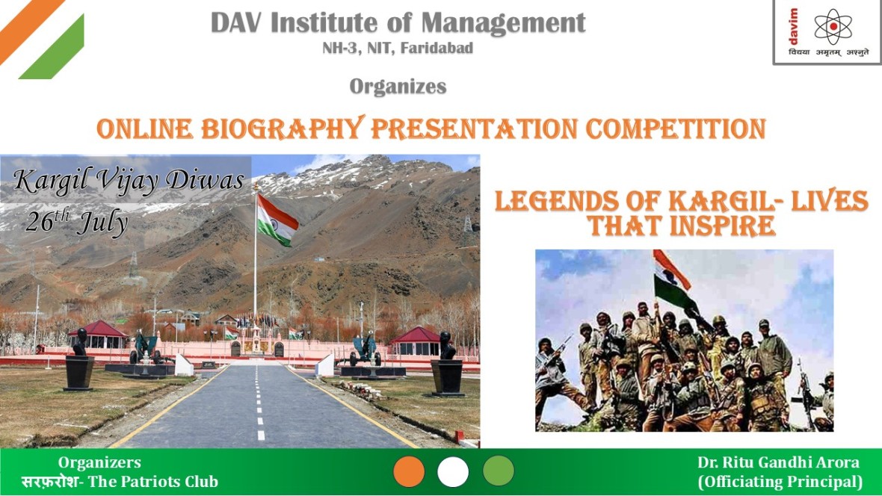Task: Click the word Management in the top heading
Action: coord(503,24)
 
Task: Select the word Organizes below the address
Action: coord(398,87)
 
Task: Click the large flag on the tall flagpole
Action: coord(277,220)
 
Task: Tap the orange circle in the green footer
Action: coord(409,471)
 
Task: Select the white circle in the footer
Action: coord(453,471)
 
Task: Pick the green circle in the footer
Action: coord(499,470)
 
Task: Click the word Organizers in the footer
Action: coord(99,462)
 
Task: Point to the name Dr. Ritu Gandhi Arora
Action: coord(779,462)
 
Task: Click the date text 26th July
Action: coord(77,222)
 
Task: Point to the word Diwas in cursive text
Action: coord(205,180)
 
